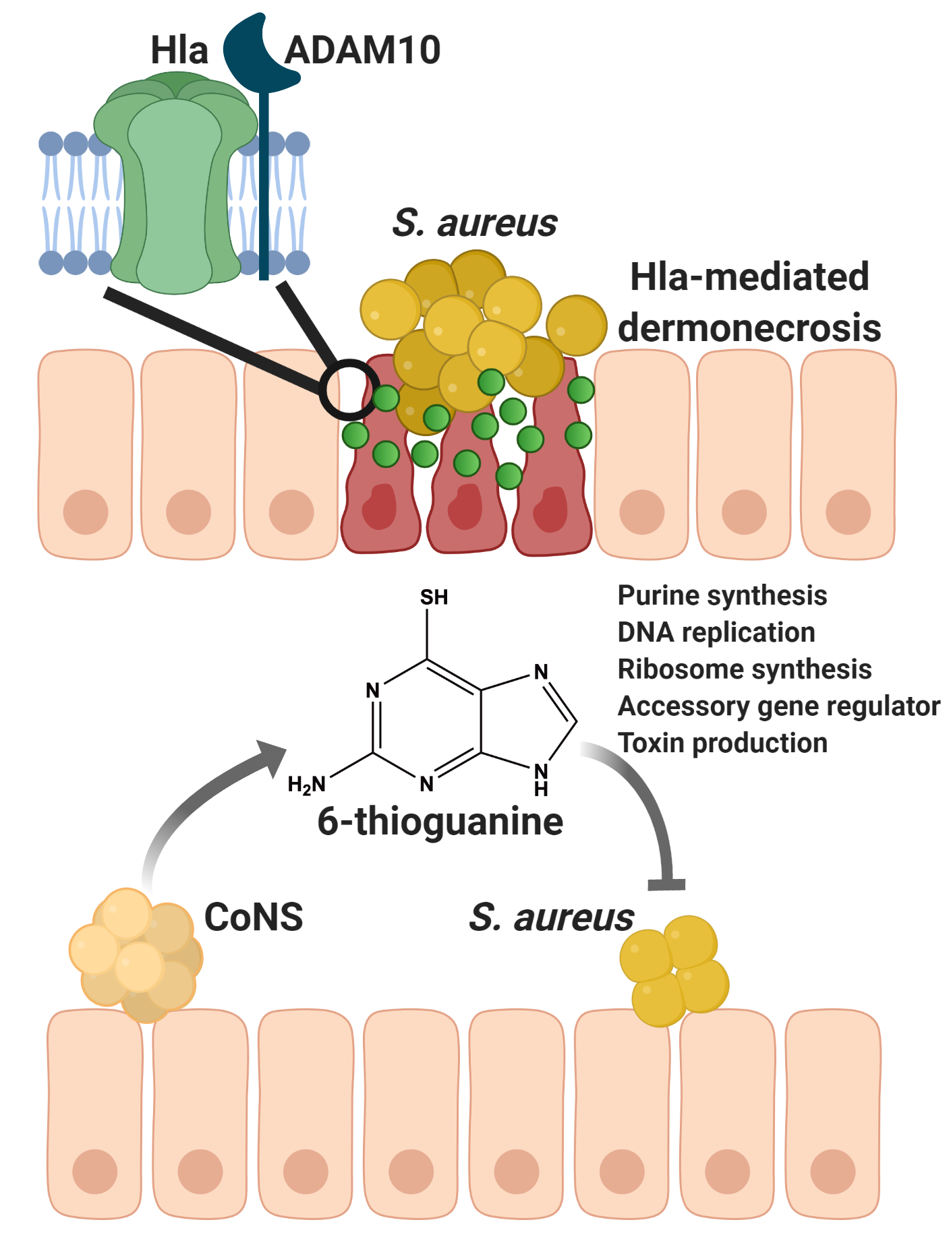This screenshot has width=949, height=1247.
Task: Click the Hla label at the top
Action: [179, 51]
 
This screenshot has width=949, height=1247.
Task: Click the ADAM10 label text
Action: [363, 51]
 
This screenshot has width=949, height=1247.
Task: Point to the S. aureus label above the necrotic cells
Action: [475, 223]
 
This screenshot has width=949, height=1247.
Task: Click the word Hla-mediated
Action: [749, 276]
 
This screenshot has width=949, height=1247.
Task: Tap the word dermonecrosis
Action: [749, 328]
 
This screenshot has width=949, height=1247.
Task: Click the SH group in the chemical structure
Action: [434, 598]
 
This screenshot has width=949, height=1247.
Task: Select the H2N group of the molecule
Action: [307, 785]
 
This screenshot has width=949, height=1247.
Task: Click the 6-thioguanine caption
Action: [440, 822]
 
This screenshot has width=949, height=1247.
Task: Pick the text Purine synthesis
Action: [722, 596]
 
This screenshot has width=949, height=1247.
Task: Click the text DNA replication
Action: [716, 633]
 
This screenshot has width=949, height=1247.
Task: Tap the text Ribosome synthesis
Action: [745, 669]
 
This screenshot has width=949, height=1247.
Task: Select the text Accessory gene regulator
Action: [778, 706]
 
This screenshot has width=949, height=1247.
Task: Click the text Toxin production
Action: [722, 743]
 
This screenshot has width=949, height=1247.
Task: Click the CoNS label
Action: [254, 917]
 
